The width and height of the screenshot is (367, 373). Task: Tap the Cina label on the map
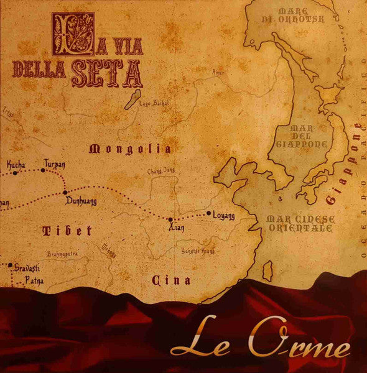(171, 280)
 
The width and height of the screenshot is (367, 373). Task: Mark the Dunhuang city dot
(65, 193)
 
